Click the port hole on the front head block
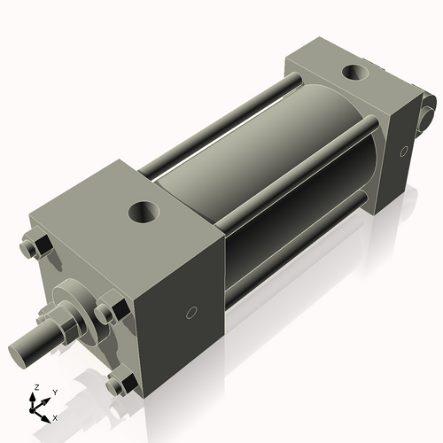coord(144,212)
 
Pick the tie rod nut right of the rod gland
coord(107,312)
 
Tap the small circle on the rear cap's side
coord(403,152)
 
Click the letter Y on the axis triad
coord(54,391)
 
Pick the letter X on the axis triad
coord(56,416)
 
